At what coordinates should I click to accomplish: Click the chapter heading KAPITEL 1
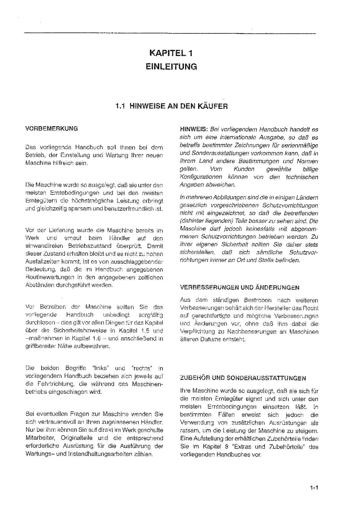[x=171, y=53]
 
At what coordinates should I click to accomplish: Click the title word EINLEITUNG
[x=171, y=67]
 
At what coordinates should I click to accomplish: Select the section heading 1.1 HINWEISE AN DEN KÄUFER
[x=171, y=106]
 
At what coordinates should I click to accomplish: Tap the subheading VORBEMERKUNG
[x=52, y=129]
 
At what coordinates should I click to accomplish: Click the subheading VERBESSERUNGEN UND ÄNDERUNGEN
[x=240, y=288]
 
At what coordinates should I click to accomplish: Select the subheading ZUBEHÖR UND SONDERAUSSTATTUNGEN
[x=243, y=378]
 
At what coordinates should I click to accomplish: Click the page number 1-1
[x=314, y=488]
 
